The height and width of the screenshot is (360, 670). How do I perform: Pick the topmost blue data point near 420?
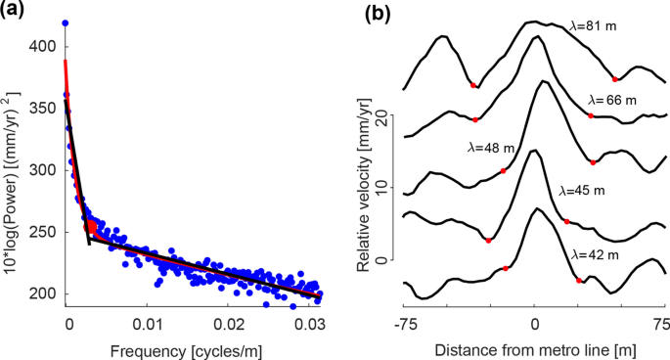(x=66, y=22)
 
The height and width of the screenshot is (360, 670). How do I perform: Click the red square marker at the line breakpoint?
(x=91, y=227)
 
